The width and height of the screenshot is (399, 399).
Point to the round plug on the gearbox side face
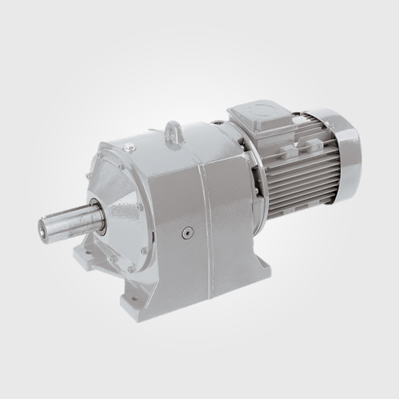pyautogui.click(x=188, y=233)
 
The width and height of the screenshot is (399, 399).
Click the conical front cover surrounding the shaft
pyautogui.click(x=120, y=199)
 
